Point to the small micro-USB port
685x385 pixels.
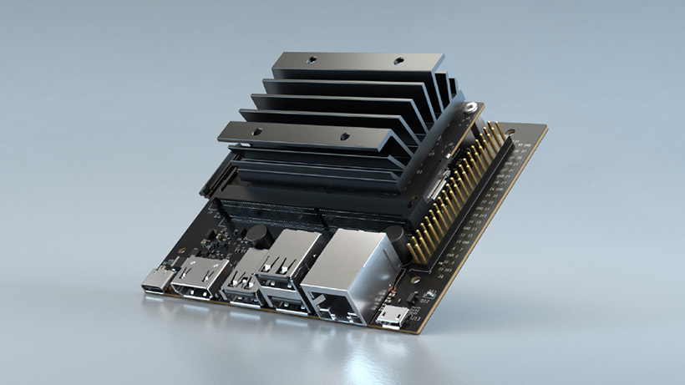pos(393,317)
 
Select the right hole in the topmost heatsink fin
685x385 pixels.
pos(398,62)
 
